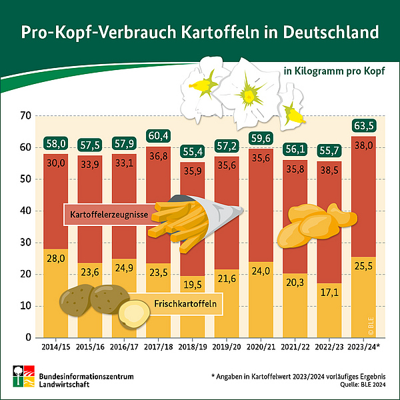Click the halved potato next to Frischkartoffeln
134,312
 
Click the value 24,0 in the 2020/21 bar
261,271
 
